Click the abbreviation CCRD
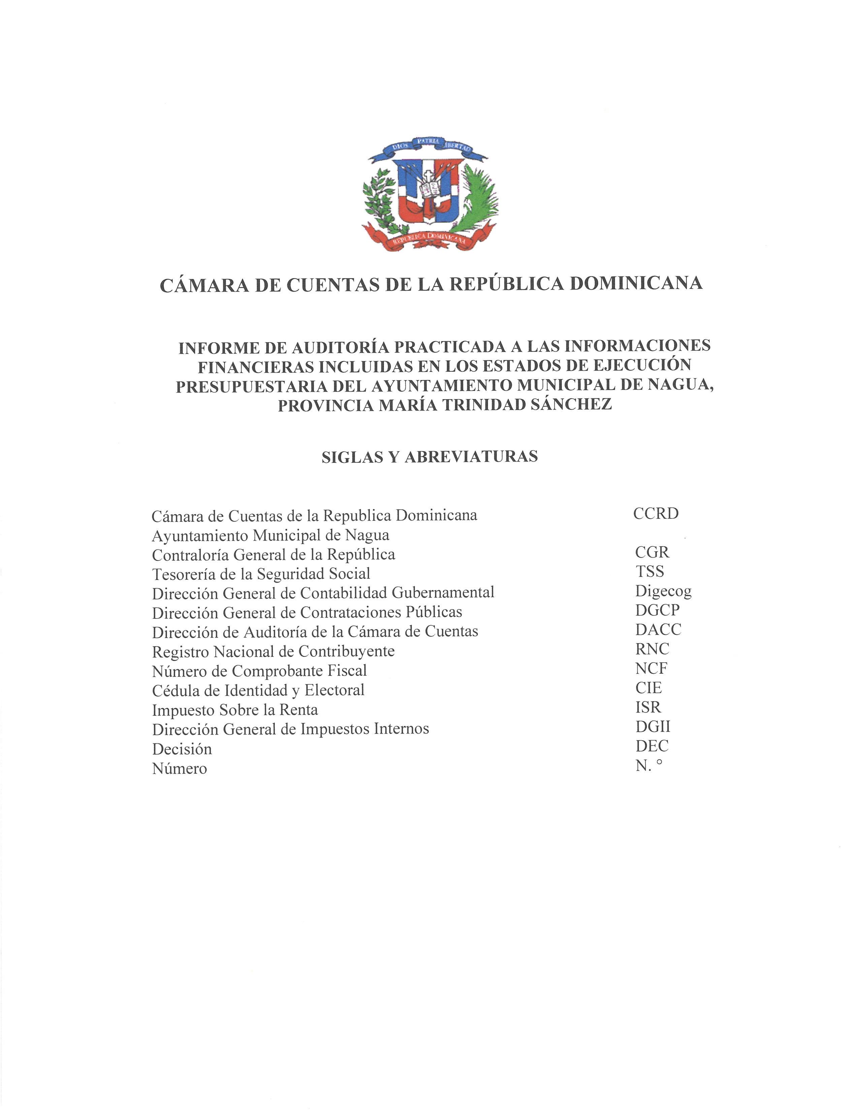[656, 514]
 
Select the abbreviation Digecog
[663, 591]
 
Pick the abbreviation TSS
[649, 572]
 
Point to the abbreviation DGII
[653, 727]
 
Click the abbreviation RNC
[652, 649]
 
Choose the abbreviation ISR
[648, 707]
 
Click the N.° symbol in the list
[649, 766]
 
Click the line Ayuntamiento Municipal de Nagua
[270, 535]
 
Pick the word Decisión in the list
[182, 749]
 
